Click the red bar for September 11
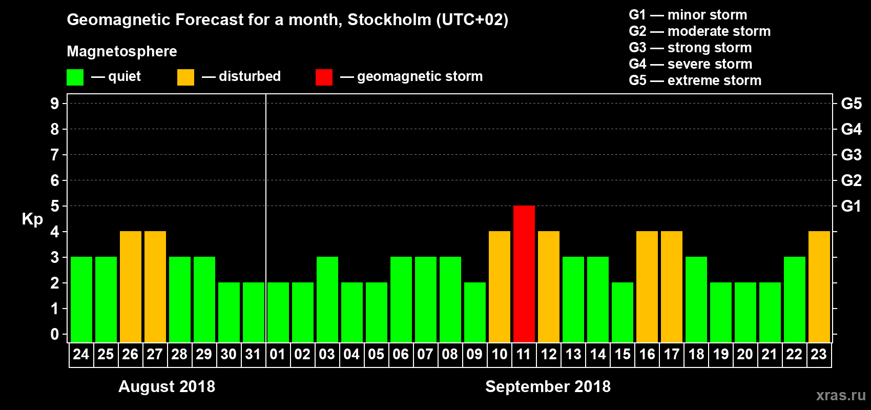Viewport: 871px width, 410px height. [x=524, y=274]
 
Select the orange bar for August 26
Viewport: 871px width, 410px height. [x=131, y=286]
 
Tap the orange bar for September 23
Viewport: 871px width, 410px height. [x=819, y=286]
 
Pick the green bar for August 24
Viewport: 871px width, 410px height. [x=81, y=299]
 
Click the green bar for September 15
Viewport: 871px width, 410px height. [x=623, y=312]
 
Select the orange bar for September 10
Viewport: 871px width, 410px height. [x=500, y=286]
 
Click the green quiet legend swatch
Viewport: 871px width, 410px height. [x=75, y=77]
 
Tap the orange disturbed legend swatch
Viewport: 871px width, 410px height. [x=185, y=77]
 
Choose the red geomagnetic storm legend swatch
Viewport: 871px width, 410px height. [x=324, y=77]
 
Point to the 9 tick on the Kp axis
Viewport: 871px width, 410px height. [x=55, y=104]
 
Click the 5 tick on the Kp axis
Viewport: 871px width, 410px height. [x=55, y=206]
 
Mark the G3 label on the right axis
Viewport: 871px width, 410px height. [x=851, y=155]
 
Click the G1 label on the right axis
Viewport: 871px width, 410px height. [x=851, y=206]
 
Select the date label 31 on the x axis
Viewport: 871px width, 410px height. [x=253, y=354]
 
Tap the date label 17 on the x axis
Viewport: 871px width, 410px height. [x=671, y=354]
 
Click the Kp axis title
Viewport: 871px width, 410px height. [x=32, y=219]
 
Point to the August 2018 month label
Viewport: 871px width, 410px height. [x=167, y=386]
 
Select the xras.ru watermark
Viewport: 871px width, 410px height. [x=841, y=395]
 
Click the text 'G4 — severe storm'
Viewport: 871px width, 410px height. [x=691, y=64]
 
